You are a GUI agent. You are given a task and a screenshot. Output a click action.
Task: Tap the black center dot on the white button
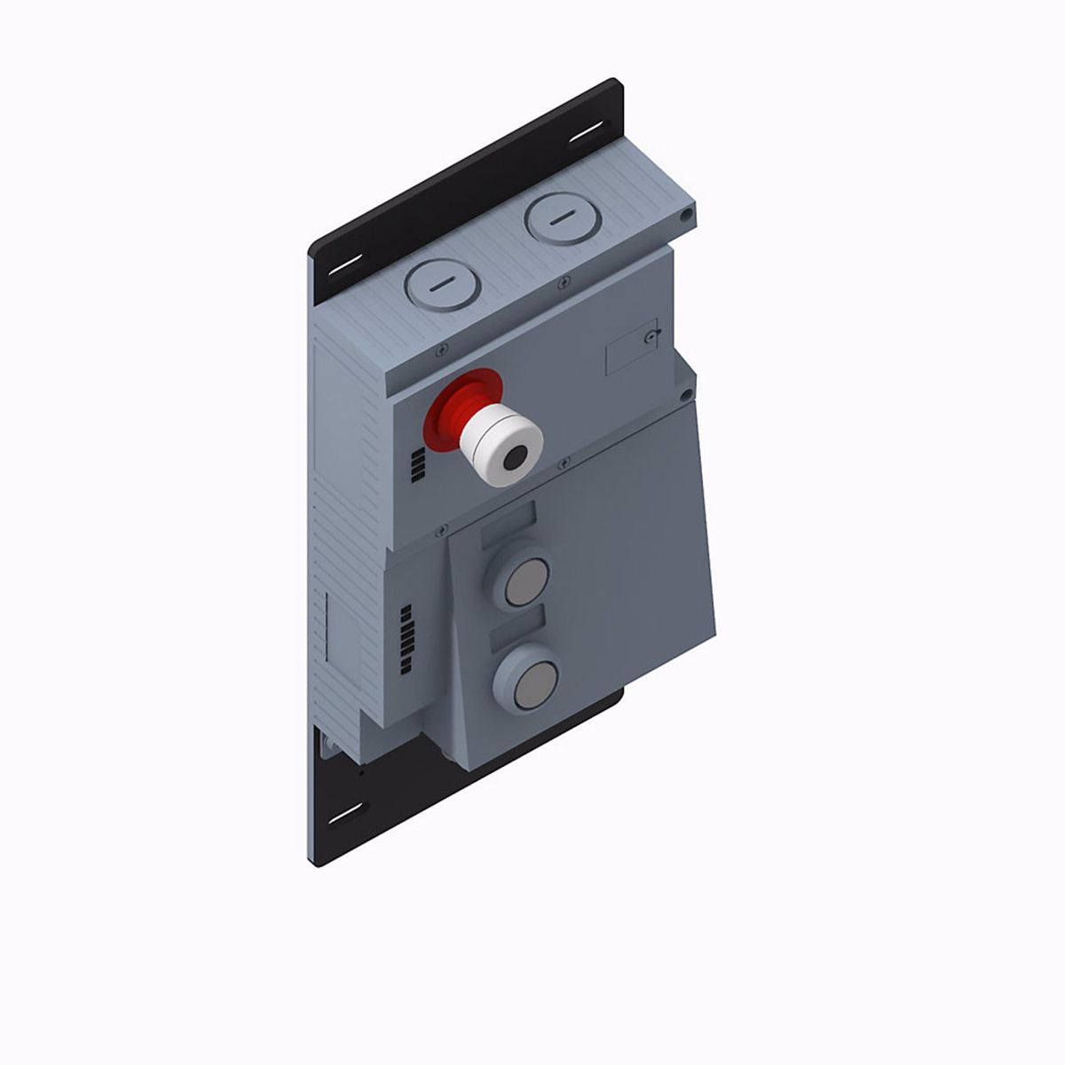pos(514,459)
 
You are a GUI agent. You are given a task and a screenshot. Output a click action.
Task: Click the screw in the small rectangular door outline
pos(653,337)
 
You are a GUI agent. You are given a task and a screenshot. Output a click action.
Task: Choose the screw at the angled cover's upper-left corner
pos(441,532)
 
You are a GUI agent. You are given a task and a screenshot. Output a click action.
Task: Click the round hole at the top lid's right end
pos(685,216)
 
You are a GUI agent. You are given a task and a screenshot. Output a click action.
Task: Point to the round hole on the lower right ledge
pos(685,393)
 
